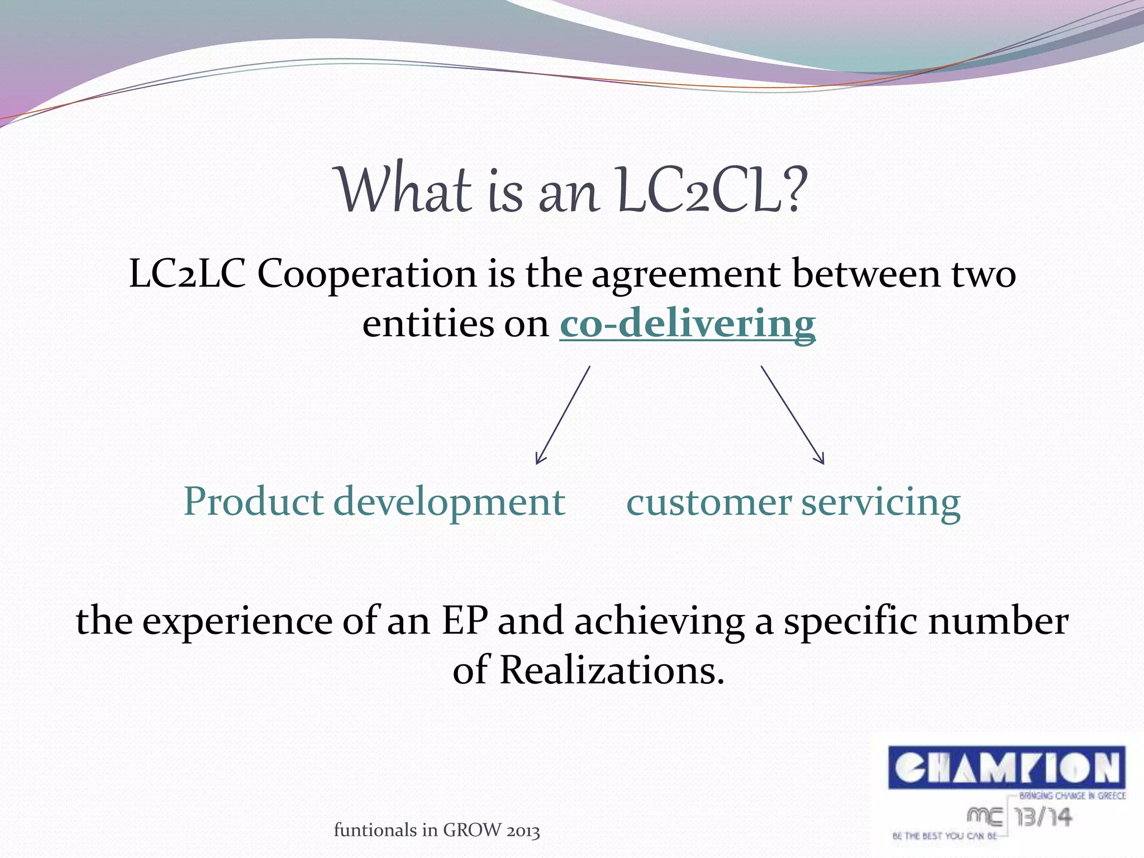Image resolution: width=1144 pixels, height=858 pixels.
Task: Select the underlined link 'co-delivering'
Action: click(687, 323)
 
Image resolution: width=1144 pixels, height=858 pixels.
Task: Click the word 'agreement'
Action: click(686, 276)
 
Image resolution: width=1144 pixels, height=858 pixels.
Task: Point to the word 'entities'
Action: click(428, 323)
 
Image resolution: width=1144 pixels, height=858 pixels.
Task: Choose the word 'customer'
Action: click(708, 502)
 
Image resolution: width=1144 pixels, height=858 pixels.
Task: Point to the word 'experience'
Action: click(237, 621)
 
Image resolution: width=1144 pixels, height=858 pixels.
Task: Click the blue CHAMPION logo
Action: click(1006, 768)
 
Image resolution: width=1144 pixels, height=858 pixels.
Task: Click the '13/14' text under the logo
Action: click(1043, 818)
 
